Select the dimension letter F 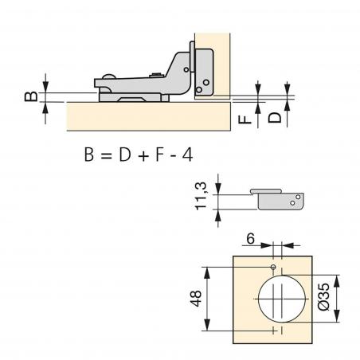pos(247,119)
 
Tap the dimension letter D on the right pos(272,118)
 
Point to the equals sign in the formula pos(106,155)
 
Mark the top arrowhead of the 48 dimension pos(209,268)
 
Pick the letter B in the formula pos(88,155)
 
